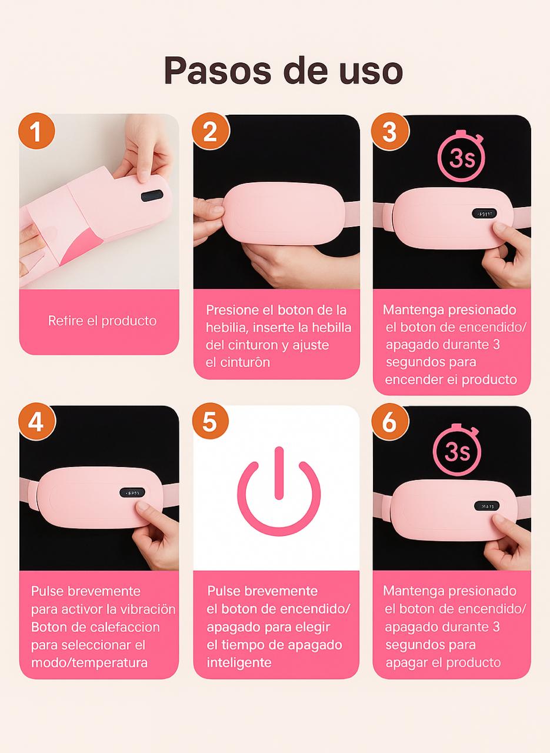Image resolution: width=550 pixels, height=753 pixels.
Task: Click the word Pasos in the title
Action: pyautogui.click(x=218, y=71)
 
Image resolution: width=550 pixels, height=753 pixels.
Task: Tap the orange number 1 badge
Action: pyautogui.click(x=36, y=131)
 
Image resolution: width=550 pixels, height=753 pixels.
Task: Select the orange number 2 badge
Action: pyautogui.click(x=211, y=131)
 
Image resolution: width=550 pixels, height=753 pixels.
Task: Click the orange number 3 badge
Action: pyautogui.click(x=389, y=131)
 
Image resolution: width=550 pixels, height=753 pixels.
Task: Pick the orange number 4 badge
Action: pyautogui.click(x=36, y=422)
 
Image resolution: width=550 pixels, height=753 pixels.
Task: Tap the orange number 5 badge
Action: pyautogui.click(x=211, y=422)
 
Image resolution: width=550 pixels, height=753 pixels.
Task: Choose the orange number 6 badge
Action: pyautogui.click(x=389, y=422)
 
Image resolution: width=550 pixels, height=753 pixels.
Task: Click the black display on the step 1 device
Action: pyautogui.click(x=152, y=196)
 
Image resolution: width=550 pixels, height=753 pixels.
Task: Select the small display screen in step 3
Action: pyautogui.click(x=485, y=213)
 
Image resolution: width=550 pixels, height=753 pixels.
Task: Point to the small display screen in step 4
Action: pyautogui.click(x=132, y=493)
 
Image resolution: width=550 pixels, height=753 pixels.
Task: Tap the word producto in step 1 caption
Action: pyautogui.click(x=129, y=321)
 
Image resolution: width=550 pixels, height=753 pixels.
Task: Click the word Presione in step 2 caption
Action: pyautogui.click(x=232, y=310)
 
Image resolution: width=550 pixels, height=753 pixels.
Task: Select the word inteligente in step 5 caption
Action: pyautogui.click(x=239, y=662)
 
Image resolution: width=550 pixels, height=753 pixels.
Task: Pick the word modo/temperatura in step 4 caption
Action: pyautogui.click(x=89, y=663)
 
